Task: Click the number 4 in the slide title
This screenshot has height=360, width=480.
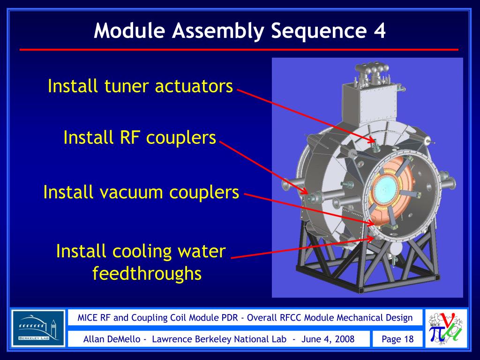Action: (379, 31)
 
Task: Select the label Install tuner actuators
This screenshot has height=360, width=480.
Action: (140, 86)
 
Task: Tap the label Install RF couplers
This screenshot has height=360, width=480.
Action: (140, 138)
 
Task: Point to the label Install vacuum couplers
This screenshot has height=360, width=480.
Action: (141, 192)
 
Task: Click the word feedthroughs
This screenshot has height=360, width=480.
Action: (147, 273)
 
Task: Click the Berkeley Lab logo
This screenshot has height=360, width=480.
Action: (38, 328)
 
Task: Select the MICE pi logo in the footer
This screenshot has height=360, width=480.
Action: (446, 328)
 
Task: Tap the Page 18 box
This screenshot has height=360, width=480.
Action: (397, 339)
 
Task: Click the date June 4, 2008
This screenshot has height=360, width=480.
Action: (328, 339)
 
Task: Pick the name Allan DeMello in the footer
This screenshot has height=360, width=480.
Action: (112, 339)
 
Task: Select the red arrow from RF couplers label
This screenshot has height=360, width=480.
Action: (262, 166)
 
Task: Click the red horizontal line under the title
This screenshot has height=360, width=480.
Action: (239, 49)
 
